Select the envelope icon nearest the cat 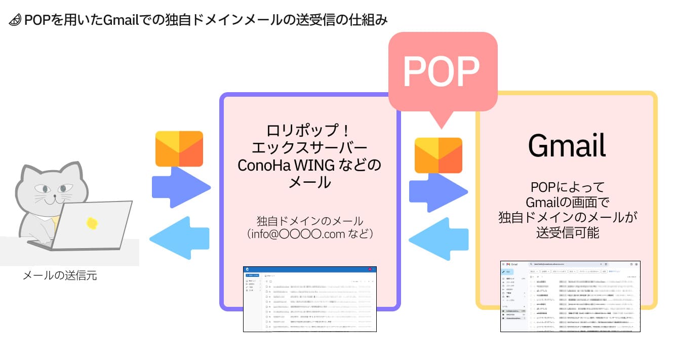179,149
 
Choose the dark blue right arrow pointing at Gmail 439,192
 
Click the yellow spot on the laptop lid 92,223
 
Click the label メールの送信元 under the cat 60,276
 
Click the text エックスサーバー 309,148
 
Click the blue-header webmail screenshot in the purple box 309,299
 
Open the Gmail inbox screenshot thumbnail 570,296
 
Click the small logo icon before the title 15,21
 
